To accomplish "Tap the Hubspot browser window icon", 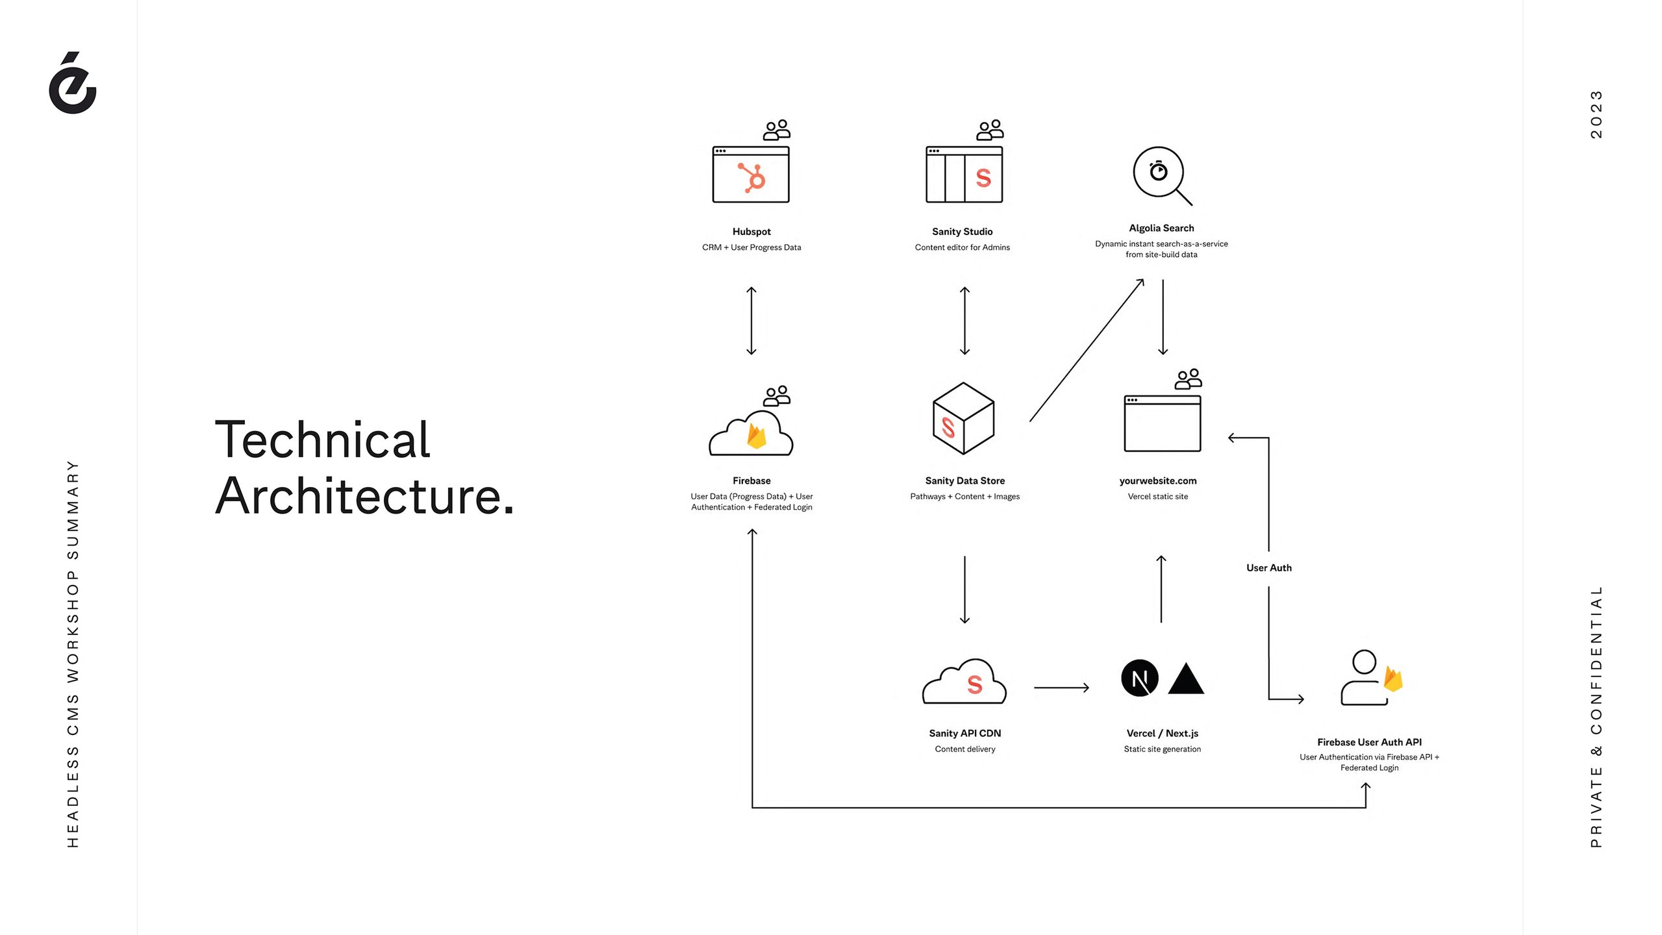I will [751, 174].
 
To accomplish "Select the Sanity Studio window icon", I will [964, 174].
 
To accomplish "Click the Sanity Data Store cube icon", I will [964, 418].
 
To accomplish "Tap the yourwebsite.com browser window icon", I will [1162, 423].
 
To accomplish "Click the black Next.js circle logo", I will [1139, 678].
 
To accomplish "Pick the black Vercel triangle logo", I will [1186, 680].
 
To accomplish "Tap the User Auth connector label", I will [1268, 567].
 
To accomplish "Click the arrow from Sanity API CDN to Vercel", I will [1061, 687].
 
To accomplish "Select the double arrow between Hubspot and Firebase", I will [751, 321].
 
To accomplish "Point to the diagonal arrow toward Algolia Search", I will [1087, 351].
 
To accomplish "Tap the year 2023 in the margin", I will [1596, 114].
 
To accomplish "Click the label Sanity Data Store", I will [964, 480].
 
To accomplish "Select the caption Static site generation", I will [1162, 749].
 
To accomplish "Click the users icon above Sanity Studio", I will [990, 130].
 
